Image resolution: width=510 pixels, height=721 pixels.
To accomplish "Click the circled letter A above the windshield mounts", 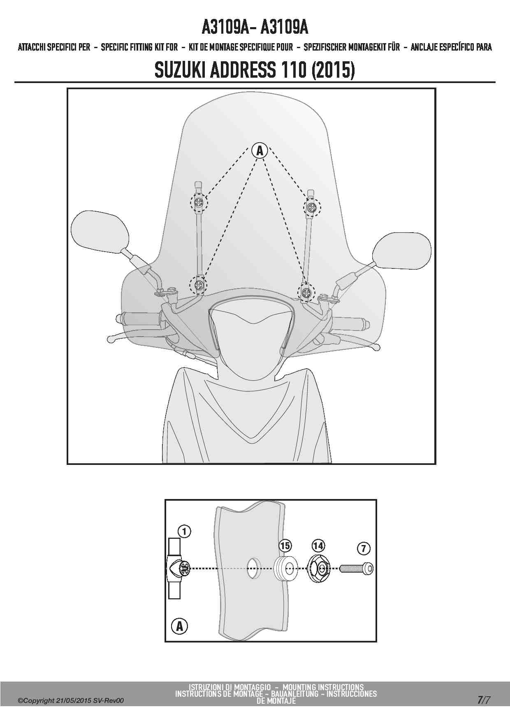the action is click(260, 150).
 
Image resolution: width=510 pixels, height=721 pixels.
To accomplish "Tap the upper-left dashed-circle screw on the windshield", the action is click(199, 201).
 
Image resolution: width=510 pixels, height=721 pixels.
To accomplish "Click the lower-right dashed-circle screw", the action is click(306, 292).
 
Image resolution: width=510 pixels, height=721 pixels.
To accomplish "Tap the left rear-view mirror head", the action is click(97, 232).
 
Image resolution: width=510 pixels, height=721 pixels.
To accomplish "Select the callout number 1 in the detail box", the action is click(185, 532).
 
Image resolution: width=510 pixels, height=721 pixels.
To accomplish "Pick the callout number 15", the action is click(285, 546).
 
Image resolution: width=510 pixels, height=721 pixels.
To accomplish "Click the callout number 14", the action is click(318, 546).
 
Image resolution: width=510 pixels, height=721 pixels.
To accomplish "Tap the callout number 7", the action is click(364, 548).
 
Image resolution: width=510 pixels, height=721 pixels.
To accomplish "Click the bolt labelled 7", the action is click(357, 569).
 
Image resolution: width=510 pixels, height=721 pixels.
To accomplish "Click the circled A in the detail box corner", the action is click(179, 626).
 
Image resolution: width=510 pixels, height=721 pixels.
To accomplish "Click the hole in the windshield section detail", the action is click(254, 568).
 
